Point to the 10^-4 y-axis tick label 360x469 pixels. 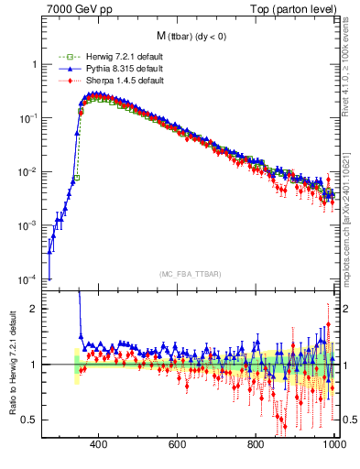28,279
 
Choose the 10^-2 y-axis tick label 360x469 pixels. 28,172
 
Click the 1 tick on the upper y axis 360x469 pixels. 34,65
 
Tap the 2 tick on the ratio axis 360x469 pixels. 34,309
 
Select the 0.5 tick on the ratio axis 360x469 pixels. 30,420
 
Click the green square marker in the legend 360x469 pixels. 63,58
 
